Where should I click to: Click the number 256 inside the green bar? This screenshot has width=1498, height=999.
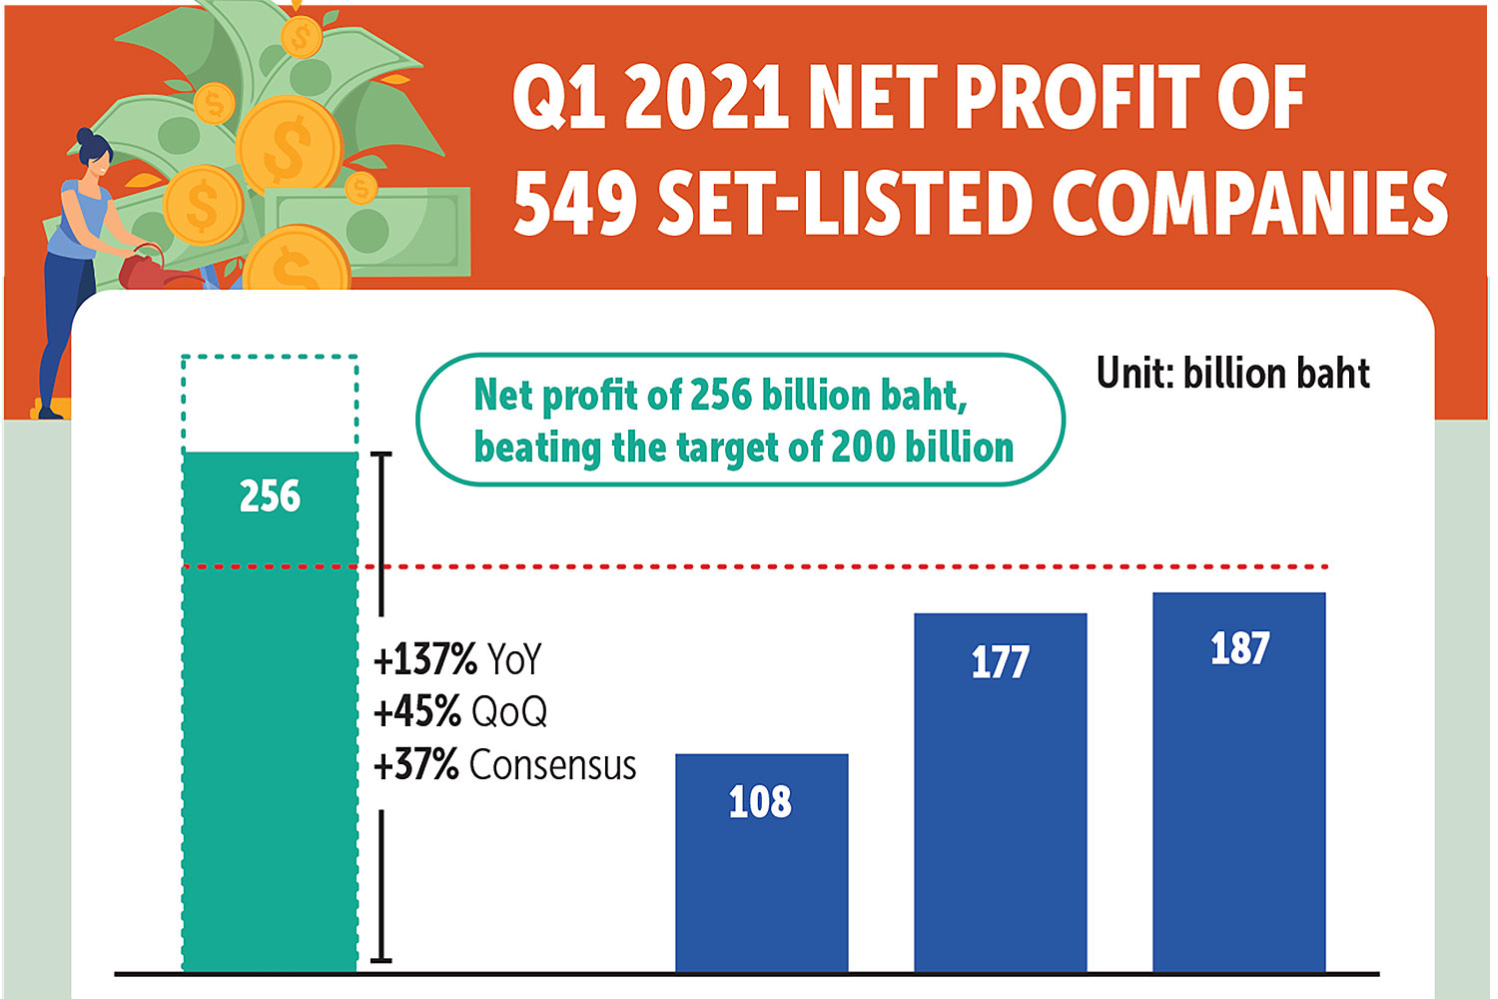tap(270, 497)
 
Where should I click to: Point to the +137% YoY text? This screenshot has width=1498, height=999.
tap(457, 660)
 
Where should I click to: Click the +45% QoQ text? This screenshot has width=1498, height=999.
tap(460, 712)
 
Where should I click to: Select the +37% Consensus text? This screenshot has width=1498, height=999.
tap(504, 765)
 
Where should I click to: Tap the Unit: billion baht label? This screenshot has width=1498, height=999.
tap(1232, 374)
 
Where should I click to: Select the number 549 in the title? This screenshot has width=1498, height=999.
tap(575, 203)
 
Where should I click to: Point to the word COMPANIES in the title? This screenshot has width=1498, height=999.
tap(1249, 203)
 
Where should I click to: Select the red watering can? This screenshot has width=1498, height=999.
tap(145, 268)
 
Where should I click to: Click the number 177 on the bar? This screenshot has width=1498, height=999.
tap(1001, 662)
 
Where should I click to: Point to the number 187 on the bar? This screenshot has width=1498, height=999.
tap(1239, 648)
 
